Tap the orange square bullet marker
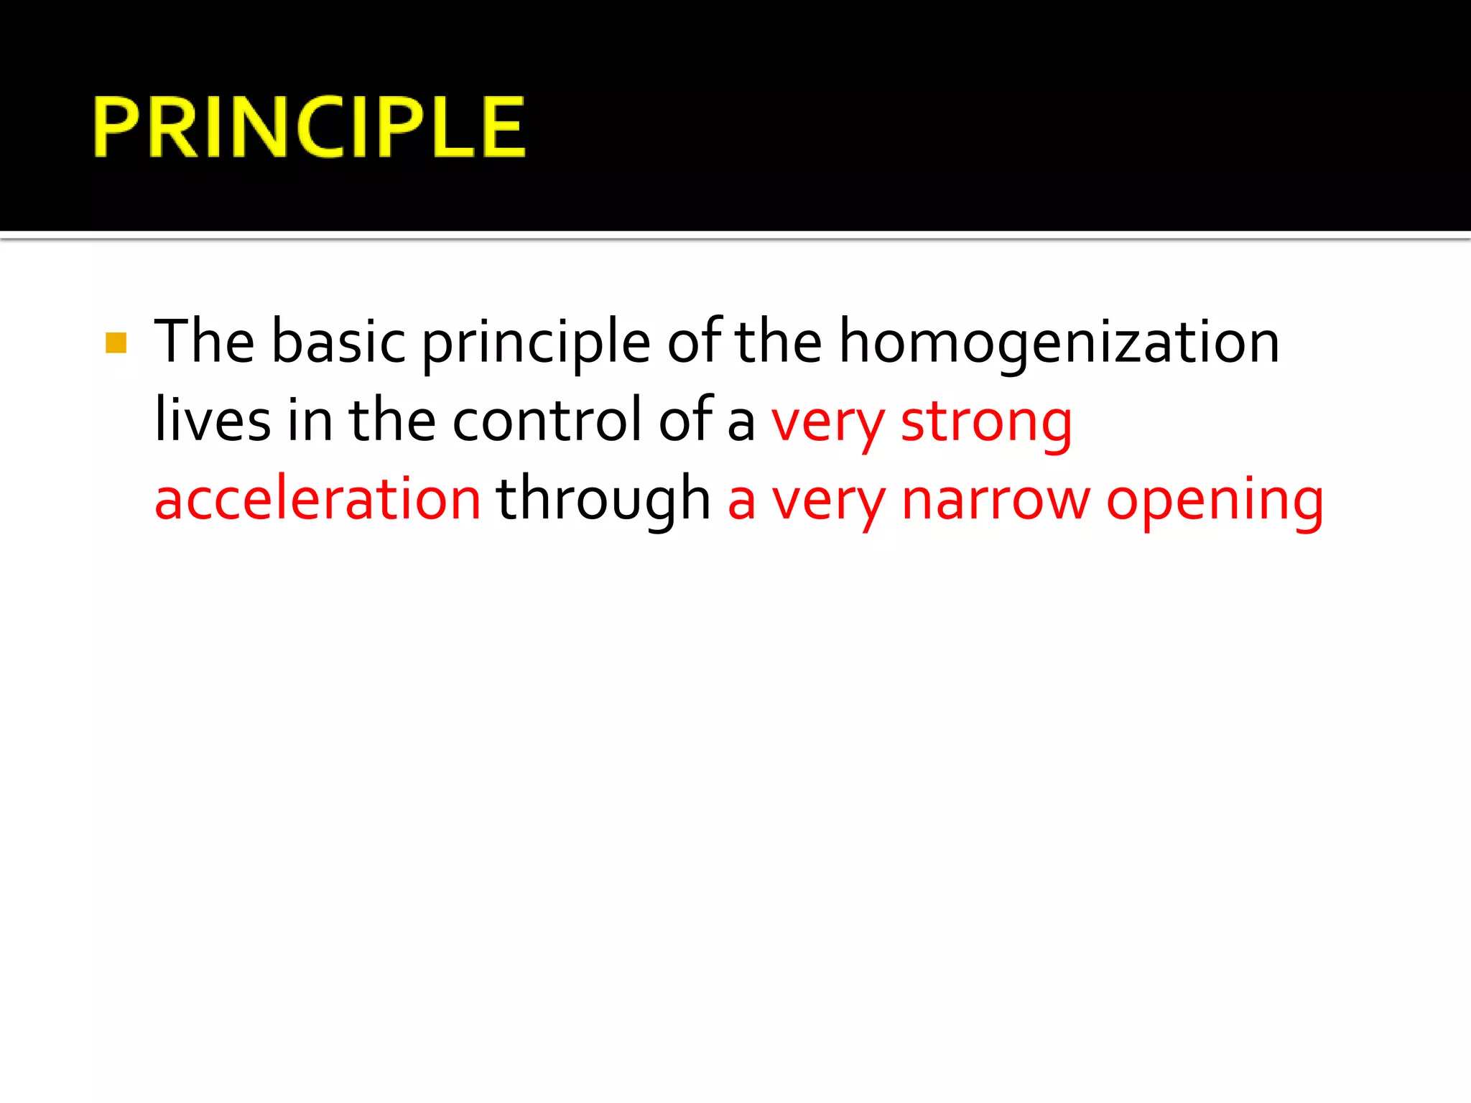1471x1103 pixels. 116,343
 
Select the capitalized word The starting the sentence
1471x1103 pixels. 205,342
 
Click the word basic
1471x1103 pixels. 339,342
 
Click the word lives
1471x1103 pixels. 213,420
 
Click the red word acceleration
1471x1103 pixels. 317,499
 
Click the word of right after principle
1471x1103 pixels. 694,342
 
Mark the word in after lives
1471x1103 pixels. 310,420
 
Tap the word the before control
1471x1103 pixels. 392,420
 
